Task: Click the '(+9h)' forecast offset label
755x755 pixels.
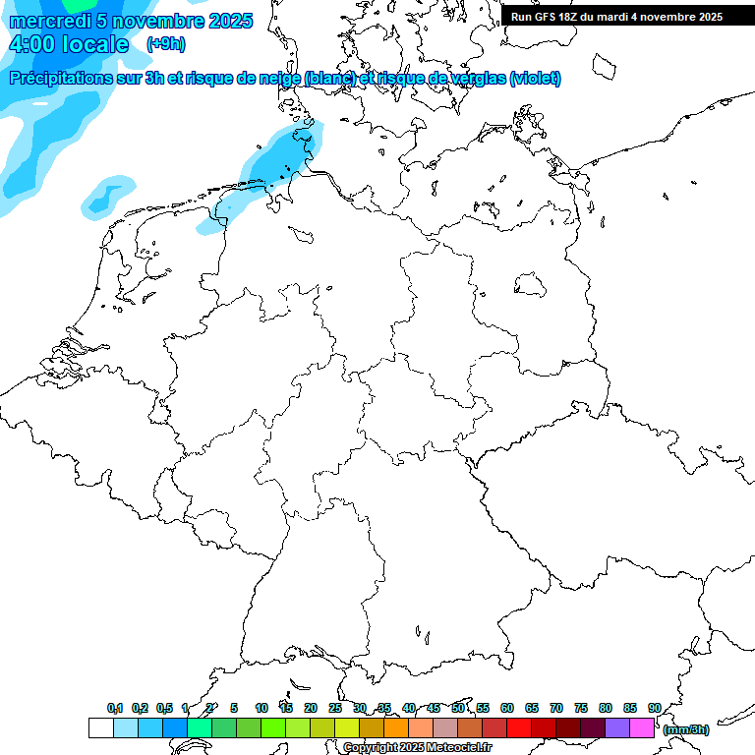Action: [165, 44]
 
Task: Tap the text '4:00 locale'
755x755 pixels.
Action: [68, 44]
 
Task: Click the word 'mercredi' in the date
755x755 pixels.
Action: [47, 21]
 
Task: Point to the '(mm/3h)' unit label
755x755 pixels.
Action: [685, 729]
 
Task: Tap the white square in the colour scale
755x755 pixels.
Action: [100, 727]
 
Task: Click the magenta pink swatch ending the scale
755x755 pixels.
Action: [642, 727]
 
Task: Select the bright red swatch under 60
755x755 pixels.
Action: [519, 727]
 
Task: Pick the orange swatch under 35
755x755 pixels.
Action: [396, 727]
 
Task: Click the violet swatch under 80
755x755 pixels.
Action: [617, 727]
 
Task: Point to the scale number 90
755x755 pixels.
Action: [654, 708]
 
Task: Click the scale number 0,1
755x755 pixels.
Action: [115, 708]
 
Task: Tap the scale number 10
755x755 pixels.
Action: [261, 708]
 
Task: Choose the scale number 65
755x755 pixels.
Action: [532, 708]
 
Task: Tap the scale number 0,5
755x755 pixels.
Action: [164, 708]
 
